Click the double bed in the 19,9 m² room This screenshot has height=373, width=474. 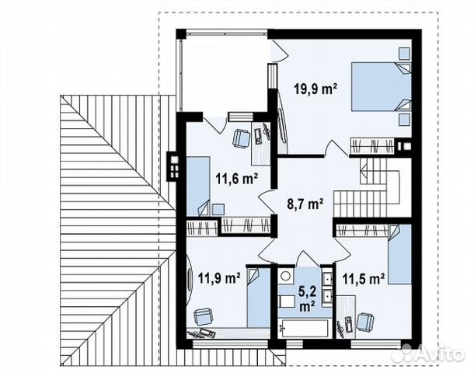click(x=378, y=87)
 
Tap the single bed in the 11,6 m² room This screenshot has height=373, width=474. click(x=200, y=183)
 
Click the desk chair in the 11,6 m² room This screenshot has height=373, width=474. click(x=241, y=138)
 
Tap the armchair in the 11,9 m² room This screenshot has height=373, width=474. click(x=204, y=315)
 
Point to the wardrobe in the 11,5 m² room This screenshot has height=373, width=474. click(x=364, y=228)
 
